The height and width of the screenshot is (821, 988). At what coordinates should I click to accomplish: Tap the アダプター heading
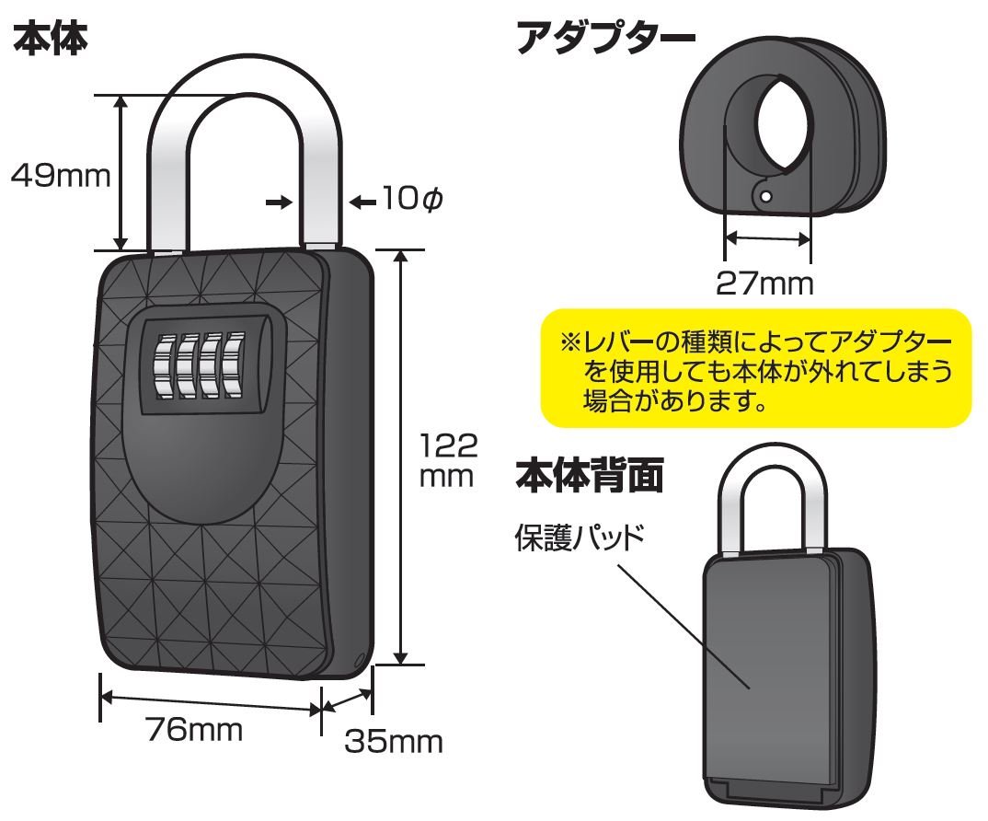pyautogui.click(x=604, y=39)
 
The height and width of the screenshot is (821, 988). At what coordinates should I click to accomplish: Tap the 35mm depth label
pyautogui.click(x=393, y=742)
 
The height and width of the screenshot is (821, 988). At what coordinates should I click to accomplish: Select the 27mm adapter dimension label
pyautogui.click(x=765, y=283)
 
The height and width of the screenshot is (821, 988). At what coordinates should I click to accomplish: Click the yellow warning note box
pyautogui.click(x=755, y=368)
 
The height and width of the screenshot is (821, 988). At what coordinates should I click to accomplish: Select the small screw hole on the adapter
pyautogui.click(x=763, y=195)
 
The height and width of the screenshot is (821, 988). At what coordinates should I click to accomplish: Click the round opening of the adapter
pyautogui.click(x=783, y=124)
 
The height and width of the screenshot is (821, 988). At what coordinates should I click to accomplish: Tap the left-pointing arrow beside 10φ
pyautogui.click(x=363, y=200)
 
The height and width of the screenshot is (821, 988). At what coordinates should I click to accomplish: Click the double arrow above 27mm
pyautogui.click(x=767, y=238)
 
